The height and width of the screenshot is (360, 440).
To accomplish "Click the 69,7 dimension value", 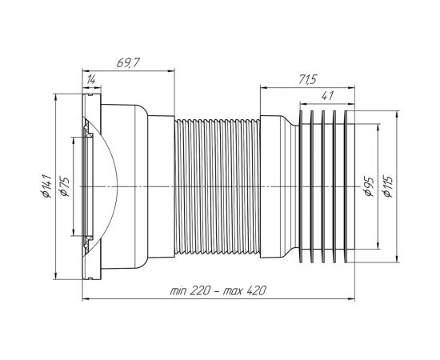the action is click(x=128, y=63).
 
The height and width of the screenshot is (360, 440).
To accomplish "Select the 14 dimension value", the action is click(x=91, y=80).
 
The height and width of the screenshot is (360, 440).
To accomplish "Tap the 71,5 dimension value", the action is click(x=307, y=80).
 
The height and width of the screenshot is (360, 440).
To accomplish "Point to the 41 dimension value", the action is click(x=327, y=96).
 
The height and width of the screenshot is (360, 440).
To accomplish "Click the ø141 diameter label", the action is click(x=46, y=186).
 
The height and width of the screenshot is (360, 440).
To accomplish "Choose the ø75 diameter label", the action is click(x=64, y=186).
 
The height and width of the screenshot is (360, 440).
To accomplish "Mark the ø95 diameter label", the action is click(x=368, y=186).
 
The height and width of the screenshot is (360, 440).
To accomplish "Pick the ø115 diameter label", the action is click(x=389, y=186).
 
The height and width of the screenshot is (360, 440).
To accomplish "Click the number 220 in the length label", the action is click(x=199, y=291).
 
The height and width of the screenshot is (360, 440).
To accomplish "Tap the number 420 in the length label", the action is click(x=256, y=291).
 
